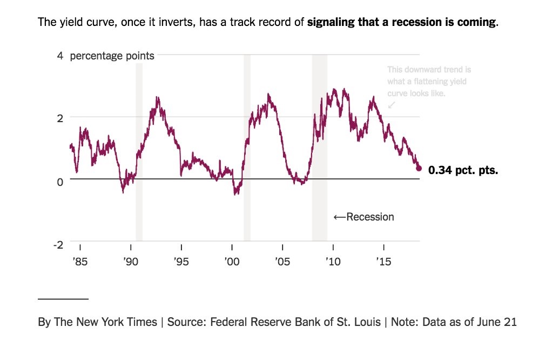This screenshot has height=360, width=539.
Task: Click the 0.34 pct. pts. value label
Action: coord(463,170)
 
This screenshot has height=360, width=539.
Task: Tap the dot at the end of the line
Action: coord(419,168)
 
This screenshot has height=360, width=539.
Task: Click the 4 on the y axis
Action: coord(60,55)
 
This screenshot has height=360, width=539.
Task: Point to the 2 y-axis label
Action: coord(60,118)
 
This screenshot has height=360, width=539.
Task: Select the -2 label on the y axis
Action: coord(58,244)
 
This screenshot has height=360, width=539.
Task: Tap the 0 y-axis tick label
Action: coord(60,181)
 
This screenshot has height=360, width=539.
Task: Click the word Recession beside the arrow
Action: coord(370,217)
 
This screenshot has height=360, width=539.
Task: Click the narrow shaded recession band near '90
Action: coord(139,151)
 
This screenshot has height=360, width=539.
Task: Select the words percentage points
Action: coord(112,55)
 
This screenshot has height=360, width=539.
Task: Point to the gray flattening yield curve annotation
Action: coord(429,82)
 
